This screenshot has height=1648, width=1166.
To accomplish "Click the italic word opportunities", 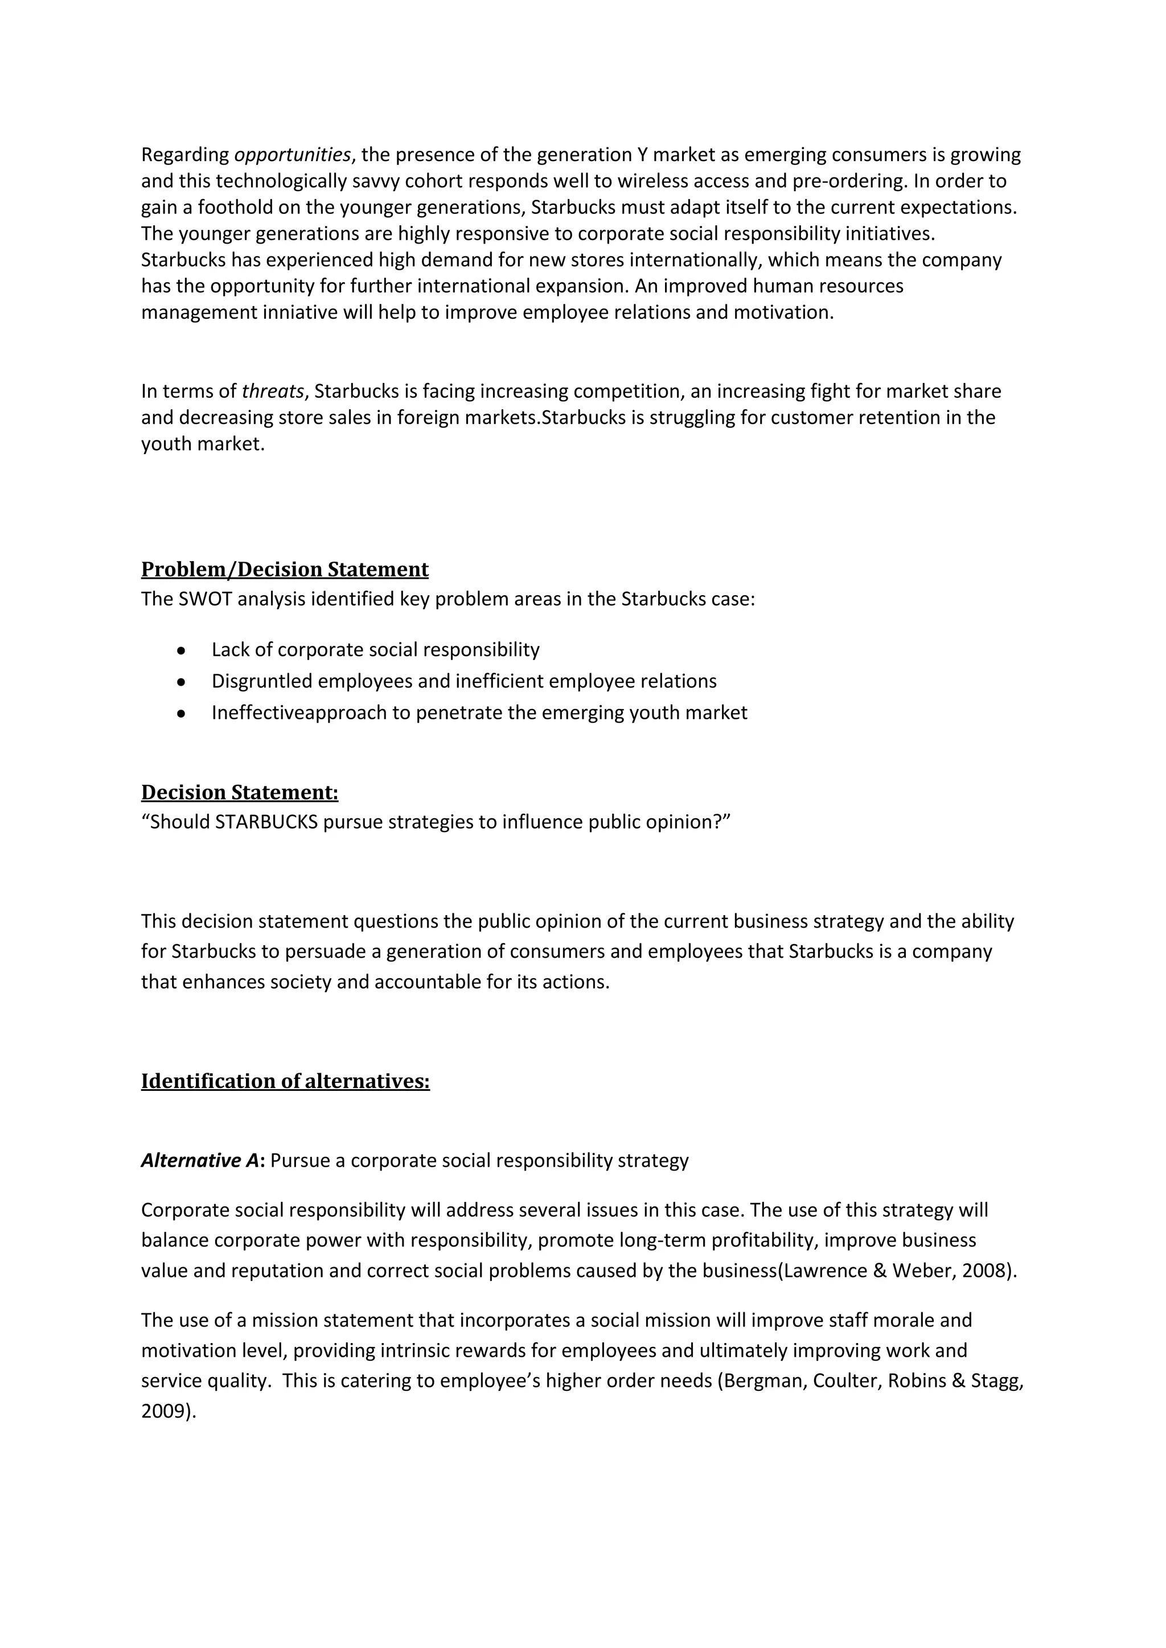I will point(292,155).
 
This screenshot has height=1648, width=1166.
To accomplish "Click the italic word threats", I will point(273,391).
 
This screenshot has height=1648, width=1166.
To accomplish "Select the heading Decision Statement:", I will point(239,793).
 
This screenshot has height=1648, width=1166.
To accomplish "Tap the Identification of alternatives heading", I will point(285,1081).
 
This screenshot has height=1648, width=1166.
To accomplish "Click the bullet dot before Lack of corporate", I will point(182,650).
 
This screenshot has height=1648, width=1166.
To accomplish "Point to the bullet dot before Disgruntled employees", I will point(182,682).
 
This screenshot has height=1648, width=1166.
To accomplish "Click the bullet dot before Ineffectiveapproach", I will point(182,714).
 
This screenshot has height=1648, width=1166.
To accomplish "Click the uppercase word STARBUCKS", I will point(266,822).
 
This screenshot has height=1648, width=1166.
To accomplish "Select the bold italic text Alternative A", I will point(200,1161).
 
